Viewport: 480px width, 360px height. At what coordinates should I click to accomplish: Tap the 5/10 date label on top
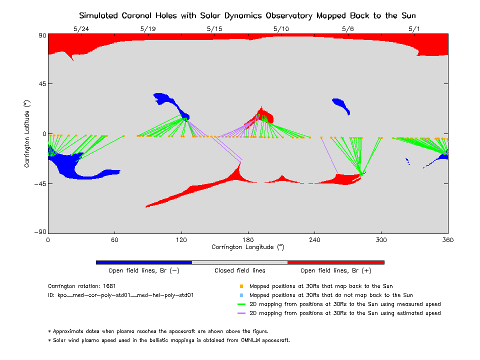point(281,29)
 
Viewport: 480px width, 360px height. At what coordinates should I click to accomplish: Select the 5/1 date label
point(414,29)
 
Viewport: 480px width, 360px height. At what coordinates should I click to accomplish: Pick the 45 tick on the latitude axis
point(40,84)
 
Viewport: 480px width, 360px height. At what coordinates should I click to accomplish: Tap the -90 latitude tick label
point(39,232)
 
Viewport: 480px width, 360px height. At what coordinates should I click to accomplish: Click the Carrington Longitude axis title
point(248,246)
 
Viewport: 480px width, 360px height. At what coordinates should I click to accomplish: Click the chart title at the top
point(248,15)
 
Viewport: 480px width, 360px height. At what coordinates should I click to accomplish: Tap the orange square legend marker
point(241,286)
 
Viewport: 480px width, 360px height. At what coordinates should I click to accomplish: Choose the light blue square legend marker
point(241,295)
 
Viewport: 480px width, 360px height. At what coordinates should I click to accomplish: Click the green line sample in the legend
point(241,304)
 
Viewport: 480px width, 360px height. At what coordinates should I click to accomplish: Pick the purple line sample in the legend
point(241,313)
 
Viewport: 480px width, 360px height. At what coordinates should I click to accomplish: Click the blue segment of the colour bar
point(144,262)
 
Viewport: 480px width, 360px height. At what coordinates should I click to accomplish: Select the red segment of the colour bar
point(336,262)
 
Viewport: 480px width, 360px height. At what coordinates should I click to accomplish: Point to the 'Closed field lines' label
point(240,270)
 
